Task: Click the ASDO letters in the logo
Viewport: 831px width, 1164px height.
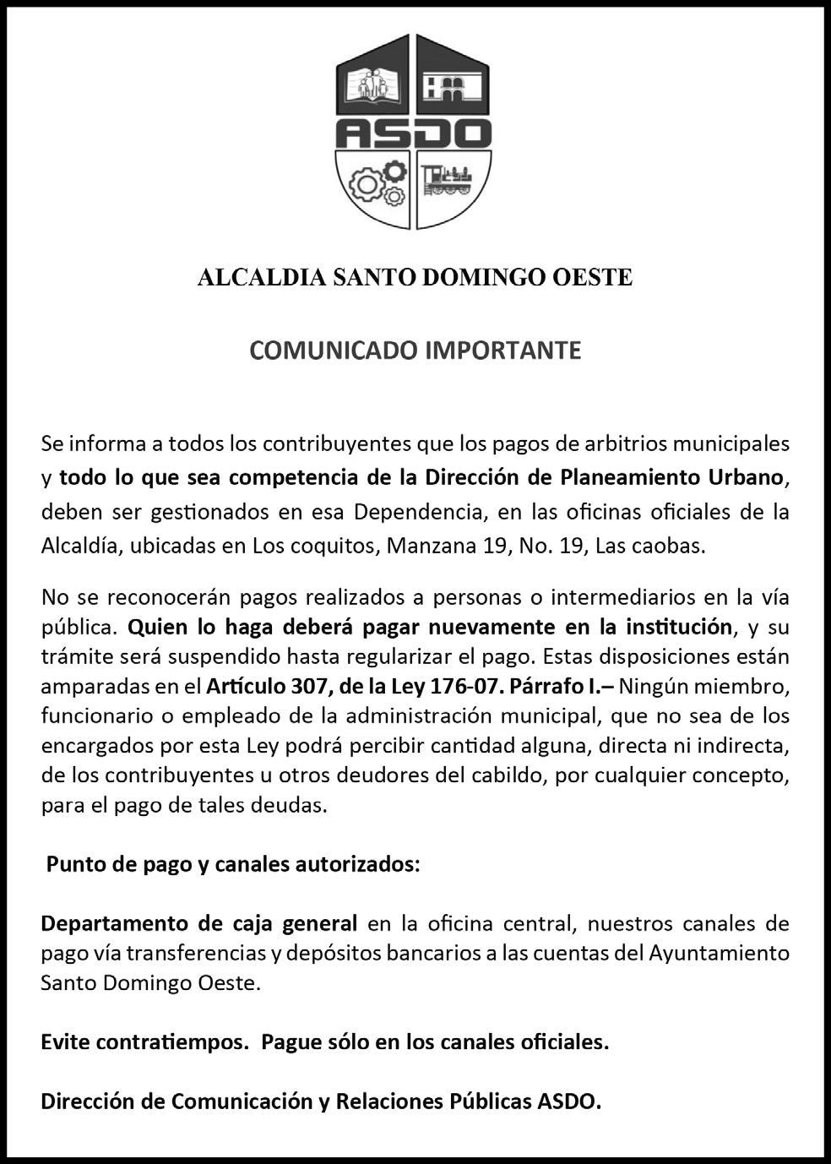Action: [414, 133]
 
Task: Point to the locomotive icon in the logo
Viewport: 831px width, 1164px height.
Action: [448, 178]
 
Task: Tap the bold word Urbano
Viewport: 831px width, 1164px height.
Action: [746, 477]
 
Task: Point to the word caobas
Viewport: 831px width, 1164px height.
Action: [672, 546]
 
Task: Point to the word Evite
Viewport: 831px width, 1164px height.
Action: [66, 1042]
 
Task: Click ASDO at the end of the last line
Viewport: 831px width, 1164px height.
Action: [568, 1102]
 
